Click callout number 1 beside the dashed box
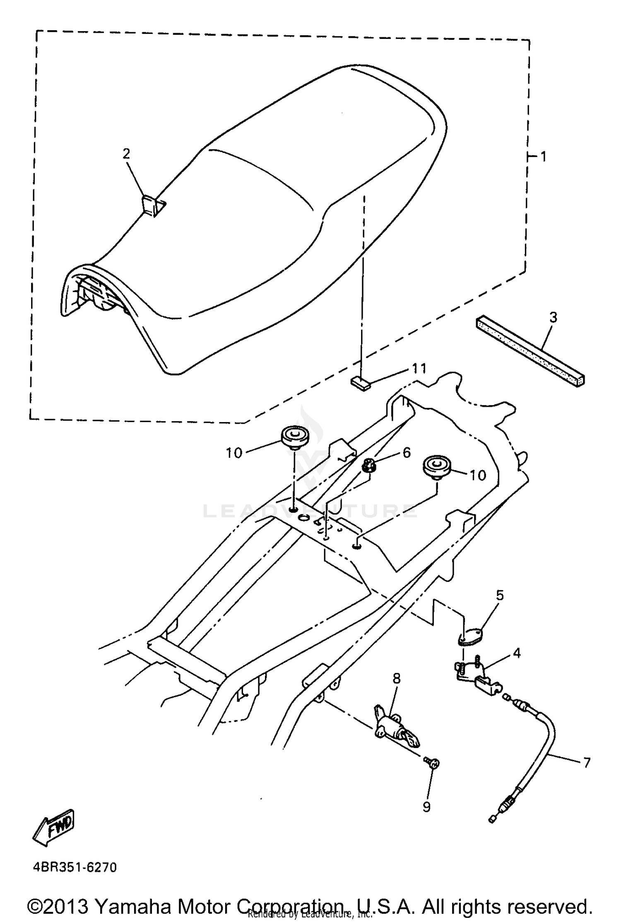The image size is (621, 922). [543, 157]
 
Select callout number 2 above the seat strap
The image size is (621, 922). [126, 154]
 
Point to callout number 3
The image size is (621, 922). [554, 318]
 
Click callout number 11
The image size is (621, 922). [419, 368]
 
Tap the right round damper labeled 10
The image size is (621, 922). [435, 466]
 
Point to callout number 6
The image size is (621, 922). [407, 453]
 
